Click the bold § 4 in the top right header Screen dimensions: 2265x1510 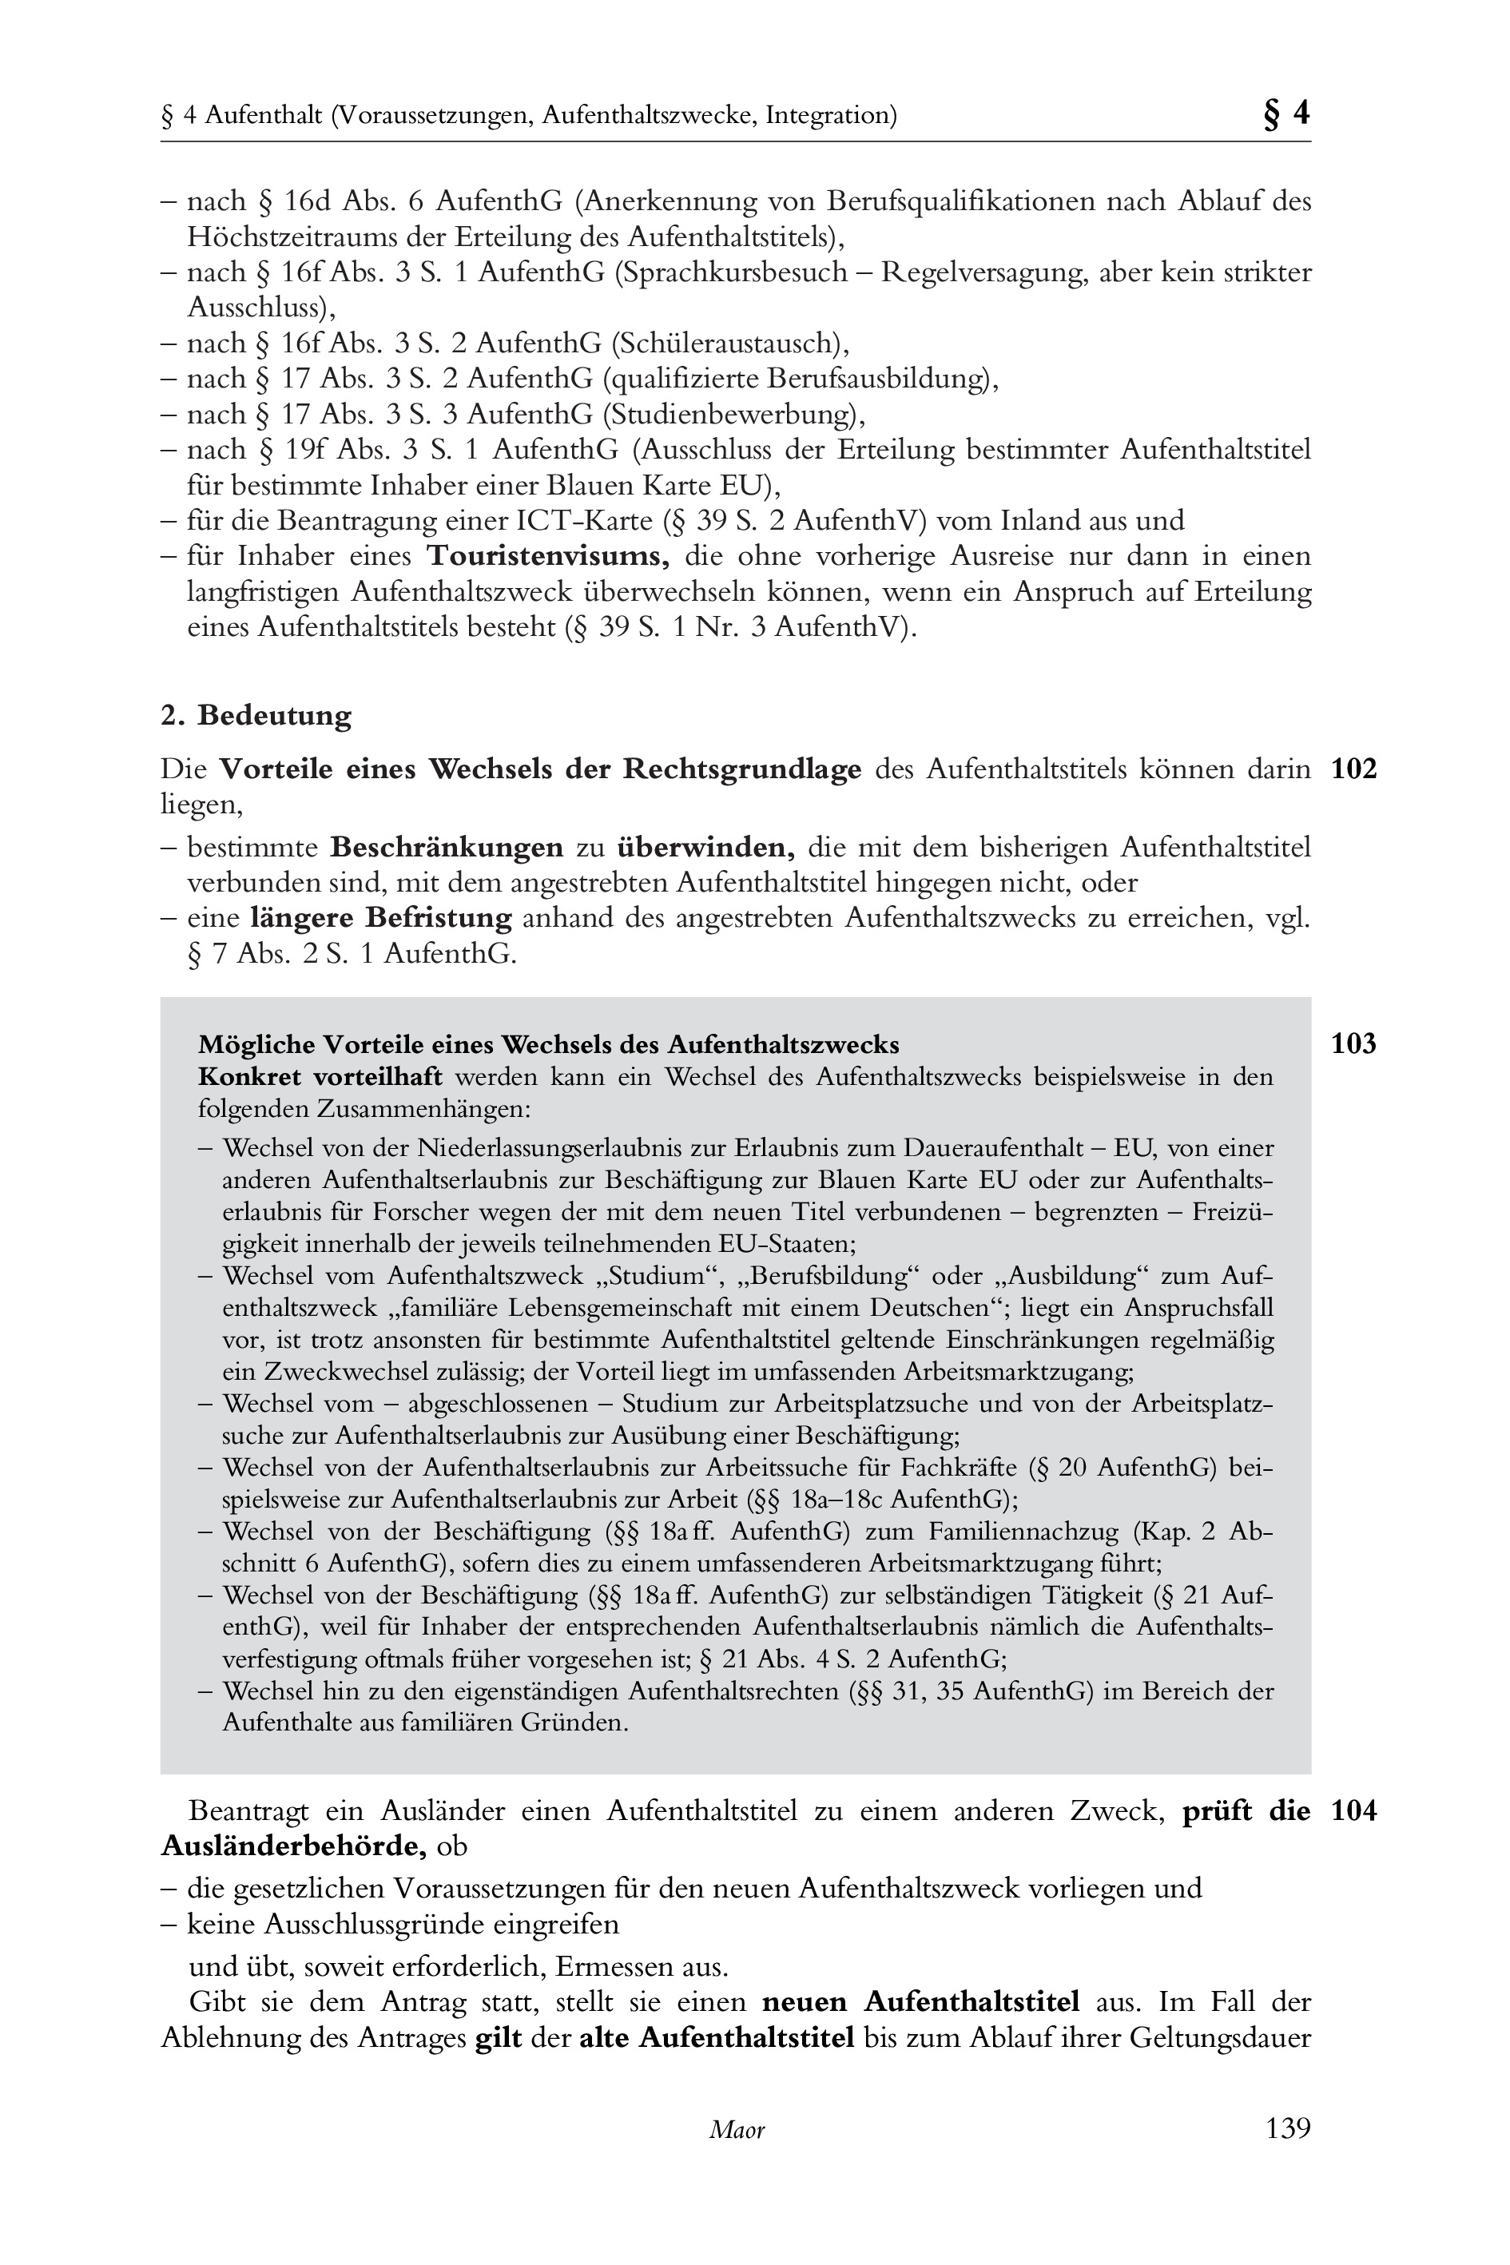[1285, 113]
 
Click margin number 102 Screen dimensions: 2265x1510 [1353, 769]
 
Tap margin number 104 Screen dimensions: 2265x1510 [1353, 1810]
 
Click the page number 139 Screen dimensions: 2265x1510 [1288, 2128]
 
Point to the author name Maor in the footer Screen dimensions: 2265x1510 [737, 2129]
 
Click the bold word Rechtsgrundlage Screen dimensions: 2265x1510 [741, 769]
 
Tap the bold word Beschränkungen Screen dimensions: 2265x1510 [446, 848]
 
